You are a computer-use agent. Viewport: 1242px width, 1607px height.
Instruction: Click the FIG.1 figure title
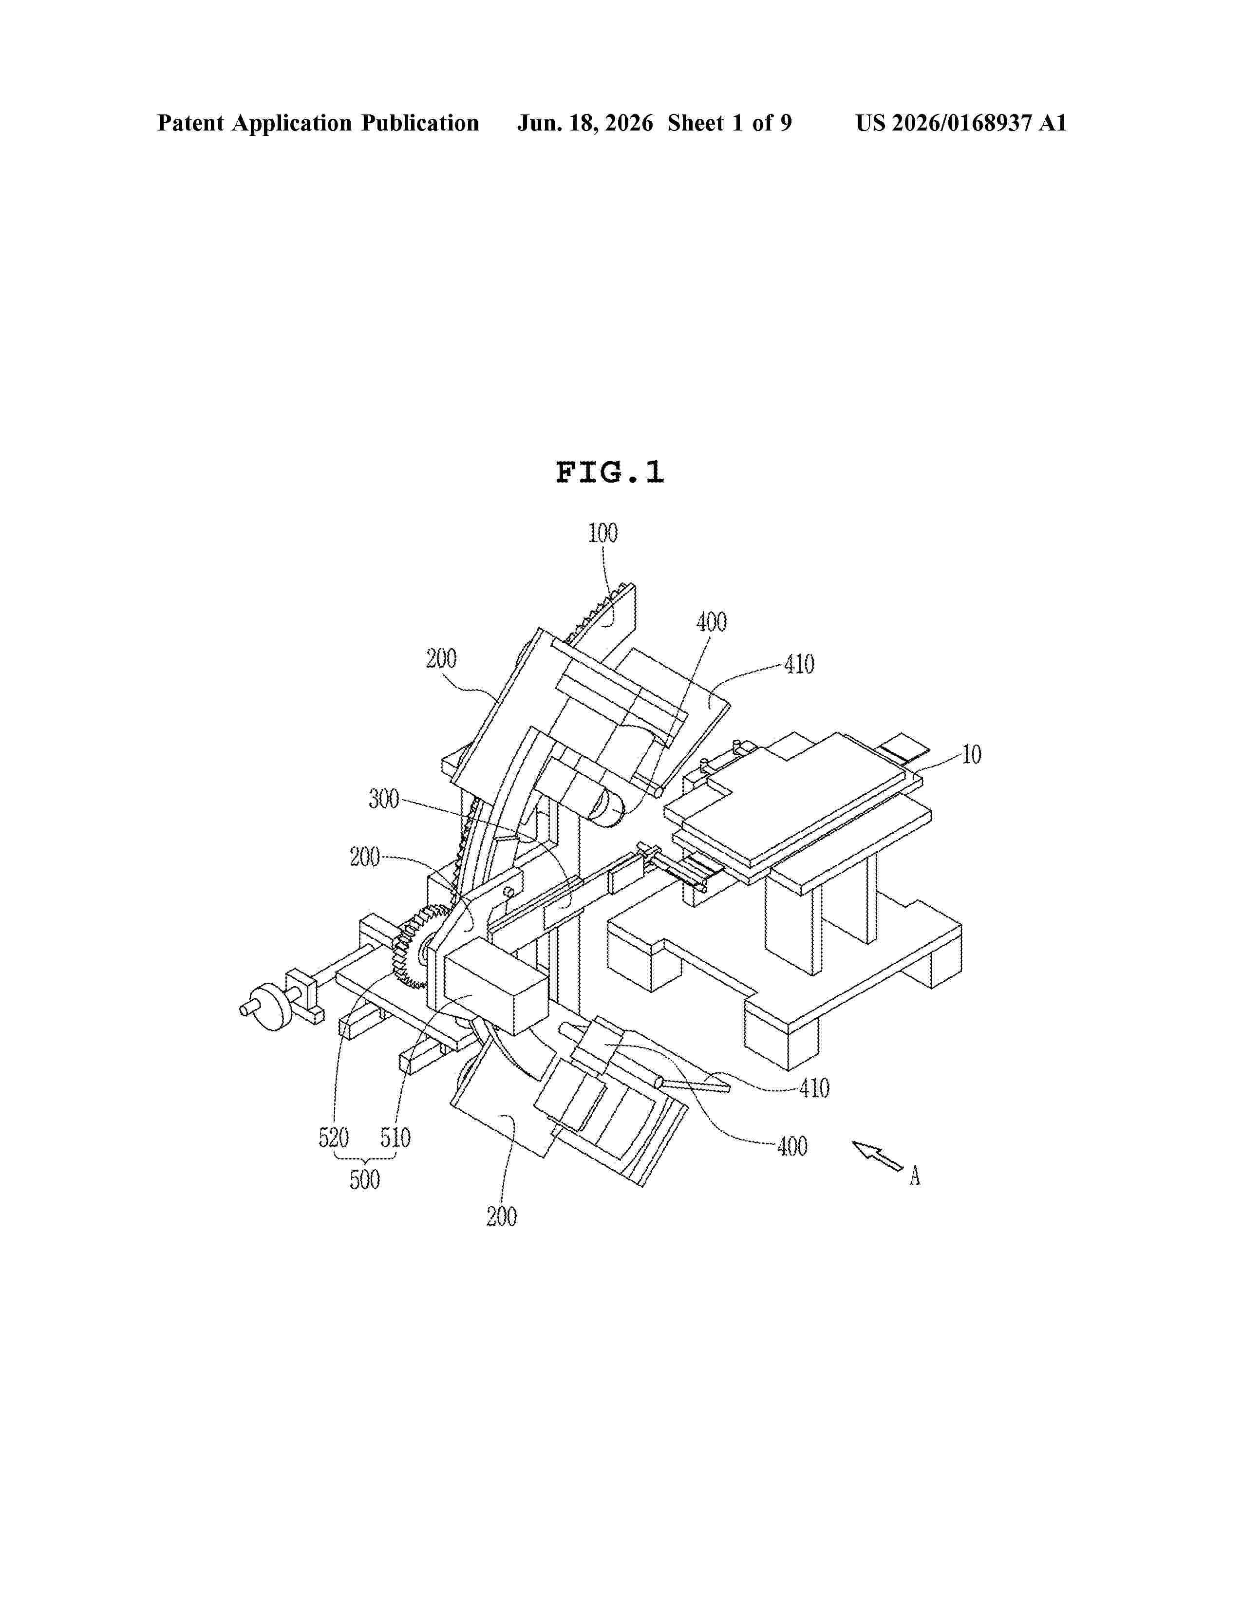click(609, 472)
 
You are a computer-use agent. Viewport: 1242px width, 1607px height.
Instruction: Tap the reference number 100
click(602, 533)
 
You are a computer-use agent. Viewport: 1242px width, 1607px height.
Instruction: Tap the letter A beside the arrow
click(915, 1176)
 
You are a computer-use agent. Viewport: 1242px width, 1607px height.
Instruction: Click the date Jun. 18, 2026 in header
click(585, 123)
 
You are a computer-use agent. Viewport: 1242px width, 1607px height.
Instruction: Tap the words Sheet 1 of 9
click(730, 123)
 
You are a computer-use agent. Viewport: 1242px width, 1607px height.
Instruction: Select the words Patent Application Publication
click(318, 123)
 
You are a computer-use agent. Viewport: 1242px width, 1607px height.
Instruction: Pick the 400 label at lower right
click(792, 1146)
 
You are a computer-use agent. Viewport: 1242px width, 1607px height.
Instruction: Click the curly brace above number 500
click(365, 1156)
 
